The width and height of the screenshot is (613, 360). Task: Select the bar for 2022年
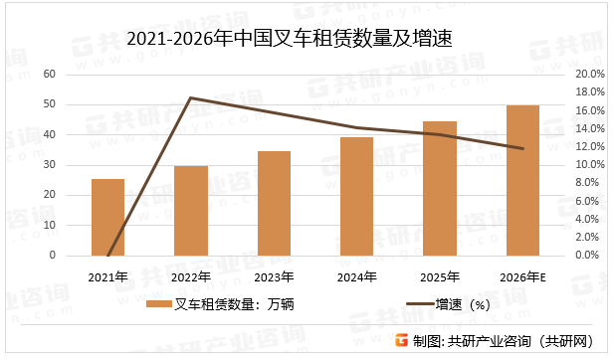[x=191, y=211]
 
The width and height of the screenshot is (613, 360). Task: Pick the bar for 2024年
[x=356, y=196]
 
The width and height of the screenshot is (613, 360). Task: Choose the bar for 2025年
[x=440, y=188]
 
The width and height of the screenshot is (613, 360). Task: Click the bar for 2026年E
[x=522, y=180]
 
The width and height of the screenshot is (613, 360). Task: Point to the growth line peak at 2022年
[x=191, y=97]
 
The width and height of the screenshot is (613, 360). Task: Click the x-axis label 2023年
[x=274, y=275]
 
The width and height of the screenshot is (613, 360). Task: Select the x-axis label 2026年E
[x=522, y=275]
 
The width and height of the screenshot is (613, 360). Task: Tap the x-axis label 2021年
[x=107, y=275]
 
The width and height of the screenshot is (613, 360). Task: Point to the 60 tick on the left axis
[x=50, y=75]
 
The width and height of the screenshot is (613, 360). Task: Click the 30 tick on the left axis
[x=50, y=165]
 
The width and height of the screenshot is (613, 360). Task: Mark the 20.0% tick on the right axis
[x=589, y=75]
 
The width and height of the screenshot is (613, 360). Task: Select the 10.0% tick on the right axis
[x=589, y=165]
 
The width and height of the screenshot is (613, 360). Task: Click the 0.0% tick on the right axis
[x=589, y=256]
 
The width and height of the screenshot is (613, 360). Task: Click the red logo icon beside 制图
[x=401, y=341]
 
